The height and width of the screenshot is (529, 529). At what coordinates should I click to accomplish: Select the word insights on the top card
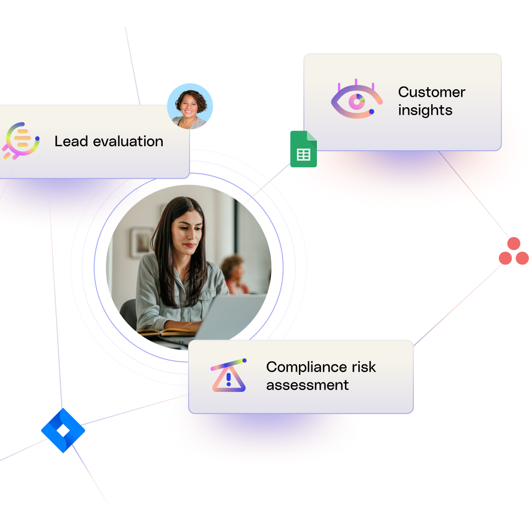425,110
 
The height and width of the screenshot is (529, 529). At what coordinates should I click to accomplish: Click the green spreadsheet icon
303,149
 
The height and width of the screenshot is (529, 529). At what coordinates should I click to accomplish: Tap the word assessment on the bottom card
307,385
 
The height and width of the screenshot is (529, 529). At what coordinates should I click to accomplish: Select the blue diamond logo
63,430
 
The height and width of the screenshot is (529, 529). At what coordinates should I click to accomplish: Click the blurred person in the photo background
234,273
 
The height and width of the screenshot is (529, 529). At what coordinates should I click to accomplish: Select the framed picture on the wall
141,243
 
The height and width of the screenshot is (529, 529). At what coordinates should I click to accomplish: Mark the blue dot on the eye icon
371,111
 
